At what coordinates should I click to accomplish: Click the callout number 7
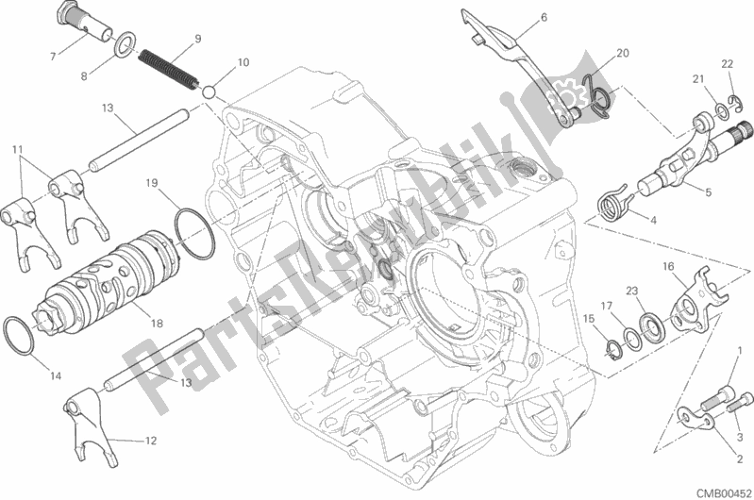coord(53,57)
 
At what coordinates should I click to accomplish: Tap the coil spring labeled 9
coord(168,69)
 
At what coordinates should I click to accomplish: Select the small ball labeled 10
coord(209,92)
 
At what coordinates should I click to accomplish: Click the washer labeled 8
coord(125,44)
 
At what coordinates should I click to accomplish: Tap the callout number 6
coord(544,17)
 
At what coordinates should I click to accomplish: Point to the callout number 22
coord(727,64)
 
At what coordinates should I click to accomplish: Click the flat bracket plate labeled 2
coord(697,417)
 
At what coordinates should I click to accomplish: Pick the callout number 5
coord(709,192)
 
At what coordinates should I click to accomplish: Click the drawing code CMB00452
coord(725,493)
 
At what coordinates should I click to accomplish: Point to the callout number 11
coord(17,149)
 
